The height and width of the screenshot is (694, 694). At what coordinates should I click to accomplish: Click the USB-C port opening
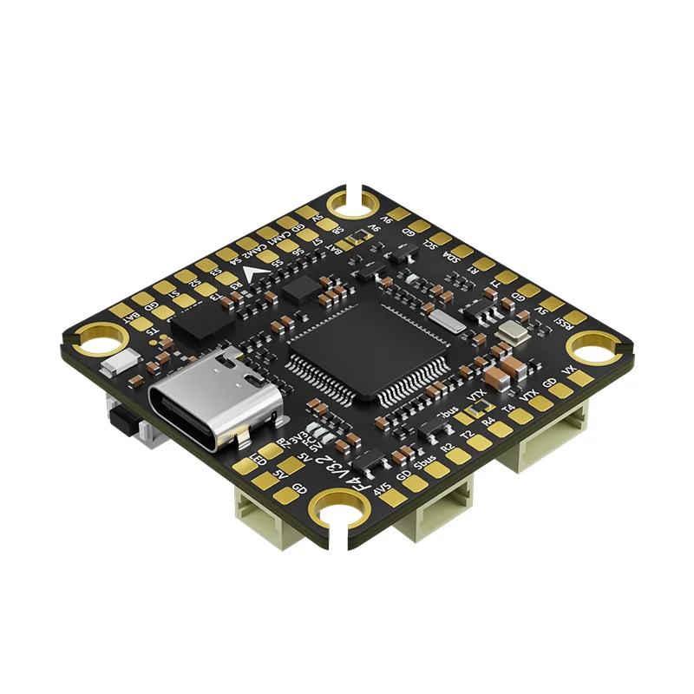(213, 403)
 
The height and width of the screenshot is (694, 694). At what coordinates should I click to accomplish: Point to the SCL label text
(431, 244)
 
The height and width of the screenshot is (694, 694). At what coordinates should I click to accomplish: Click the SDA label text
(451, 257)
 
